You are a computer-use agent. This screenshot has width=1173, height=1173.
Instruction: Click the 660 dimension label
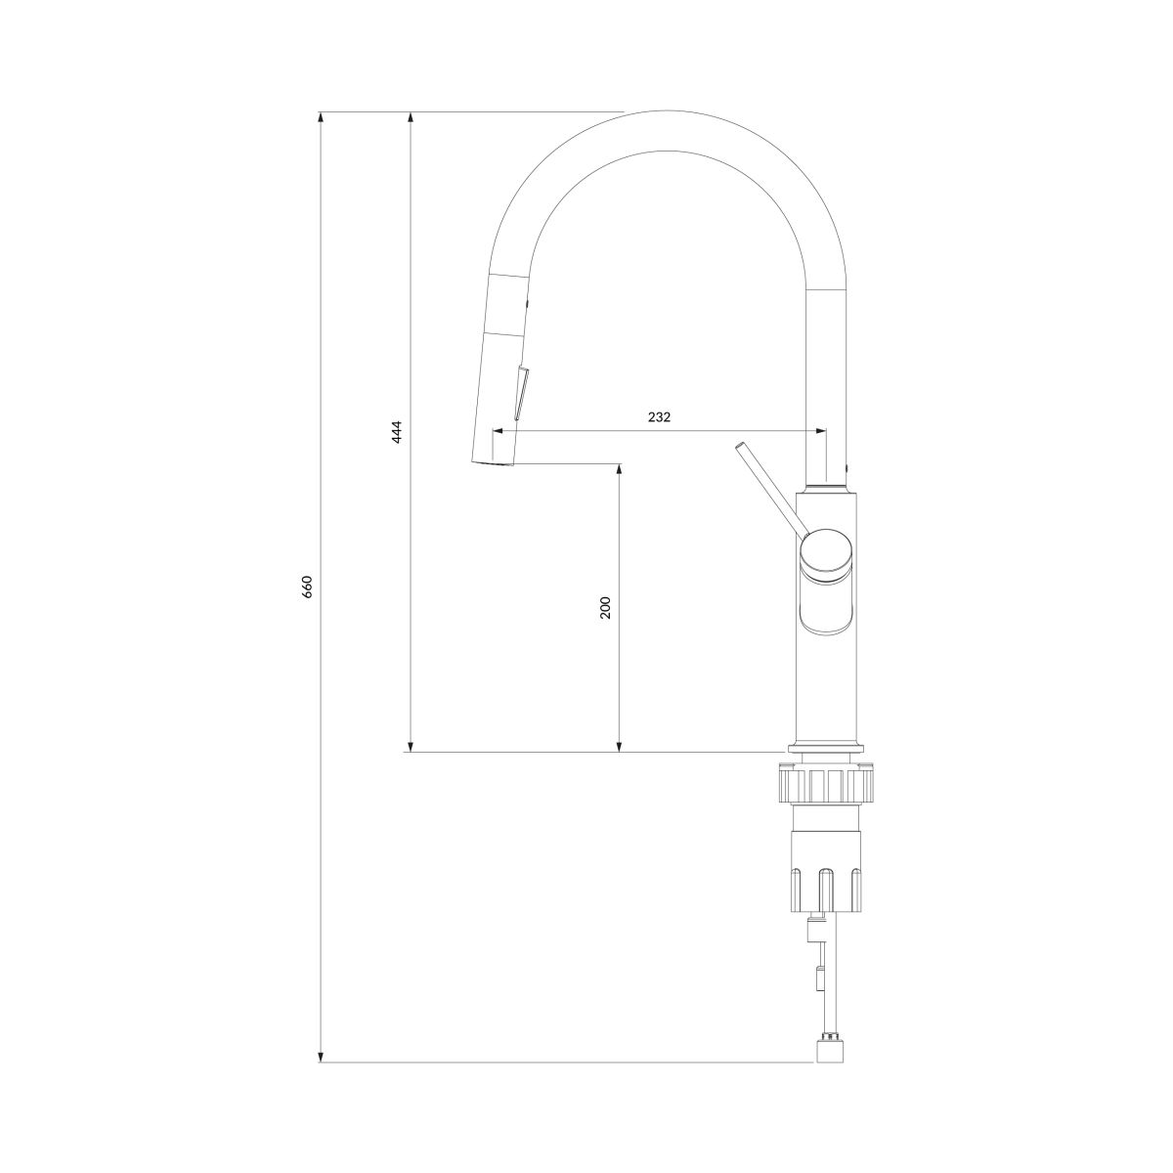point(308,586)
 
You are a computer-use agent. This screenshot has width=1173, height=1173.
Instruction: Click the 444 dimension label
point(397,432)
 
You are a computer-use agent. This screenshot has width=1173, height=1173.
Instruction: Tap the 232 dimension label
point(659,417)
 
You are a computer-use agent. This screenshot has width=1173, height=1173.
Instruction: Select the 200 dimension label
point(604,607)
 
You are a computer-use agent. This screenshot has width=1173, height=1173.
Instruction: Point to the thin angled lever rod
point(772,490)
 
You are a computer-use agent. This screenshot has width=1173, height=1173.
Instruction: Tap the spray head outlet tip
point(494,464)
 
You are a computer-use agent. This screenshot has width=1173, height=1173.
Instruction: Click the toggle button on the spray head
point(522,393)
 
